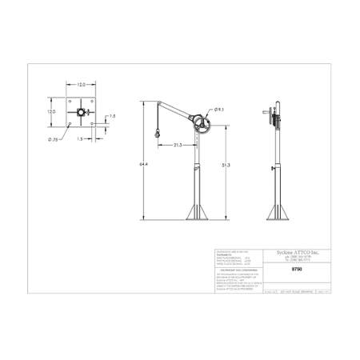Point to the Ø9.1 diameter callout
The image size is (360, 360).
[x=218, y=109]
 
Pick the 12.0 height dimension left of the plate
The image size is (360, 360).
[x=50, y=112]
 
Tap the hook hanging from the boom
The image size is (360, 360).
[x=158, y=131]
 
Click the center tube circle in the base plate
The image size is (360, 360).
[x=81, y=113]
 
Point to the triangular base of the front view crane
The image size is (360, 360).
[x=196, y=212]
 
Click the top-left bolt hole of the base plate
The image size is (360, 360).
[x=69, y=101]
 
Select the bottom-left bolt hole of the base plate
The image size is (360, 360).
[x=69, y=124]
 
